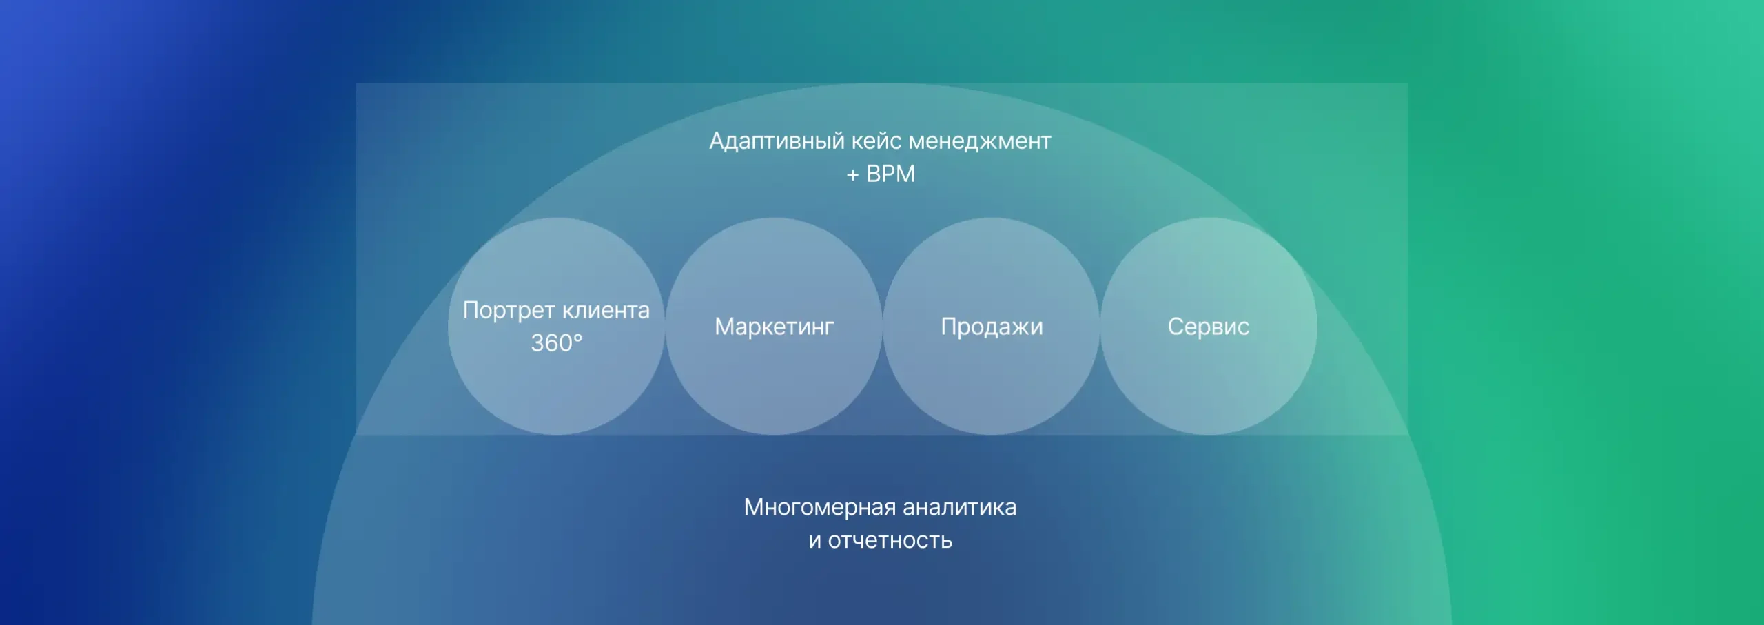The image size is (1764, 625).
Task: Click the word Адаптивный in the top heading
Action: pos(777,141)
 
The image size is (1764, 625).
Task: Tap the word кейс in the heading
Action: pos(876,141)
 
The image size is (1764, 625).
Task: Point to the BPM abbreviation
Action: pos(891,174)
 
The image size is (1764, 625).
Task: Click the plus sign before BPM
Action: pos(852,175)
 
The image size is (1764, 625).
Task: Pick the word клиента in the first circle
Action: pos(604,311)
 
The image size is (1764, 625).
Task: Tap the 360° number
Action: pos(556,342)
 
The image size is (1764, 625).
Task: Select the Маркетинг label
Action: pos(774,327)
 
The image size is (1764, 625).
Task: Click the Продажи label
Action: pos(992,327)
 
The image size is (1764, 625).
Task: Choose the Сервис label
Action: pos(1208,327)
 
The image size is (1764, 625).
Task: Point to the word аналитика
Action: pos(959,508)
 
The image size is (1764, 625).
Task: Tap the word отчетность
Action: pos(890,541)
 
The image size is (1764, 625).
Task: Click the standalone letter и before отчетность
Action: pos(815,542)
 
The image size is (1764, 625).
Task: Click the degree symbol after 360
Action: pos(577,336)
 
